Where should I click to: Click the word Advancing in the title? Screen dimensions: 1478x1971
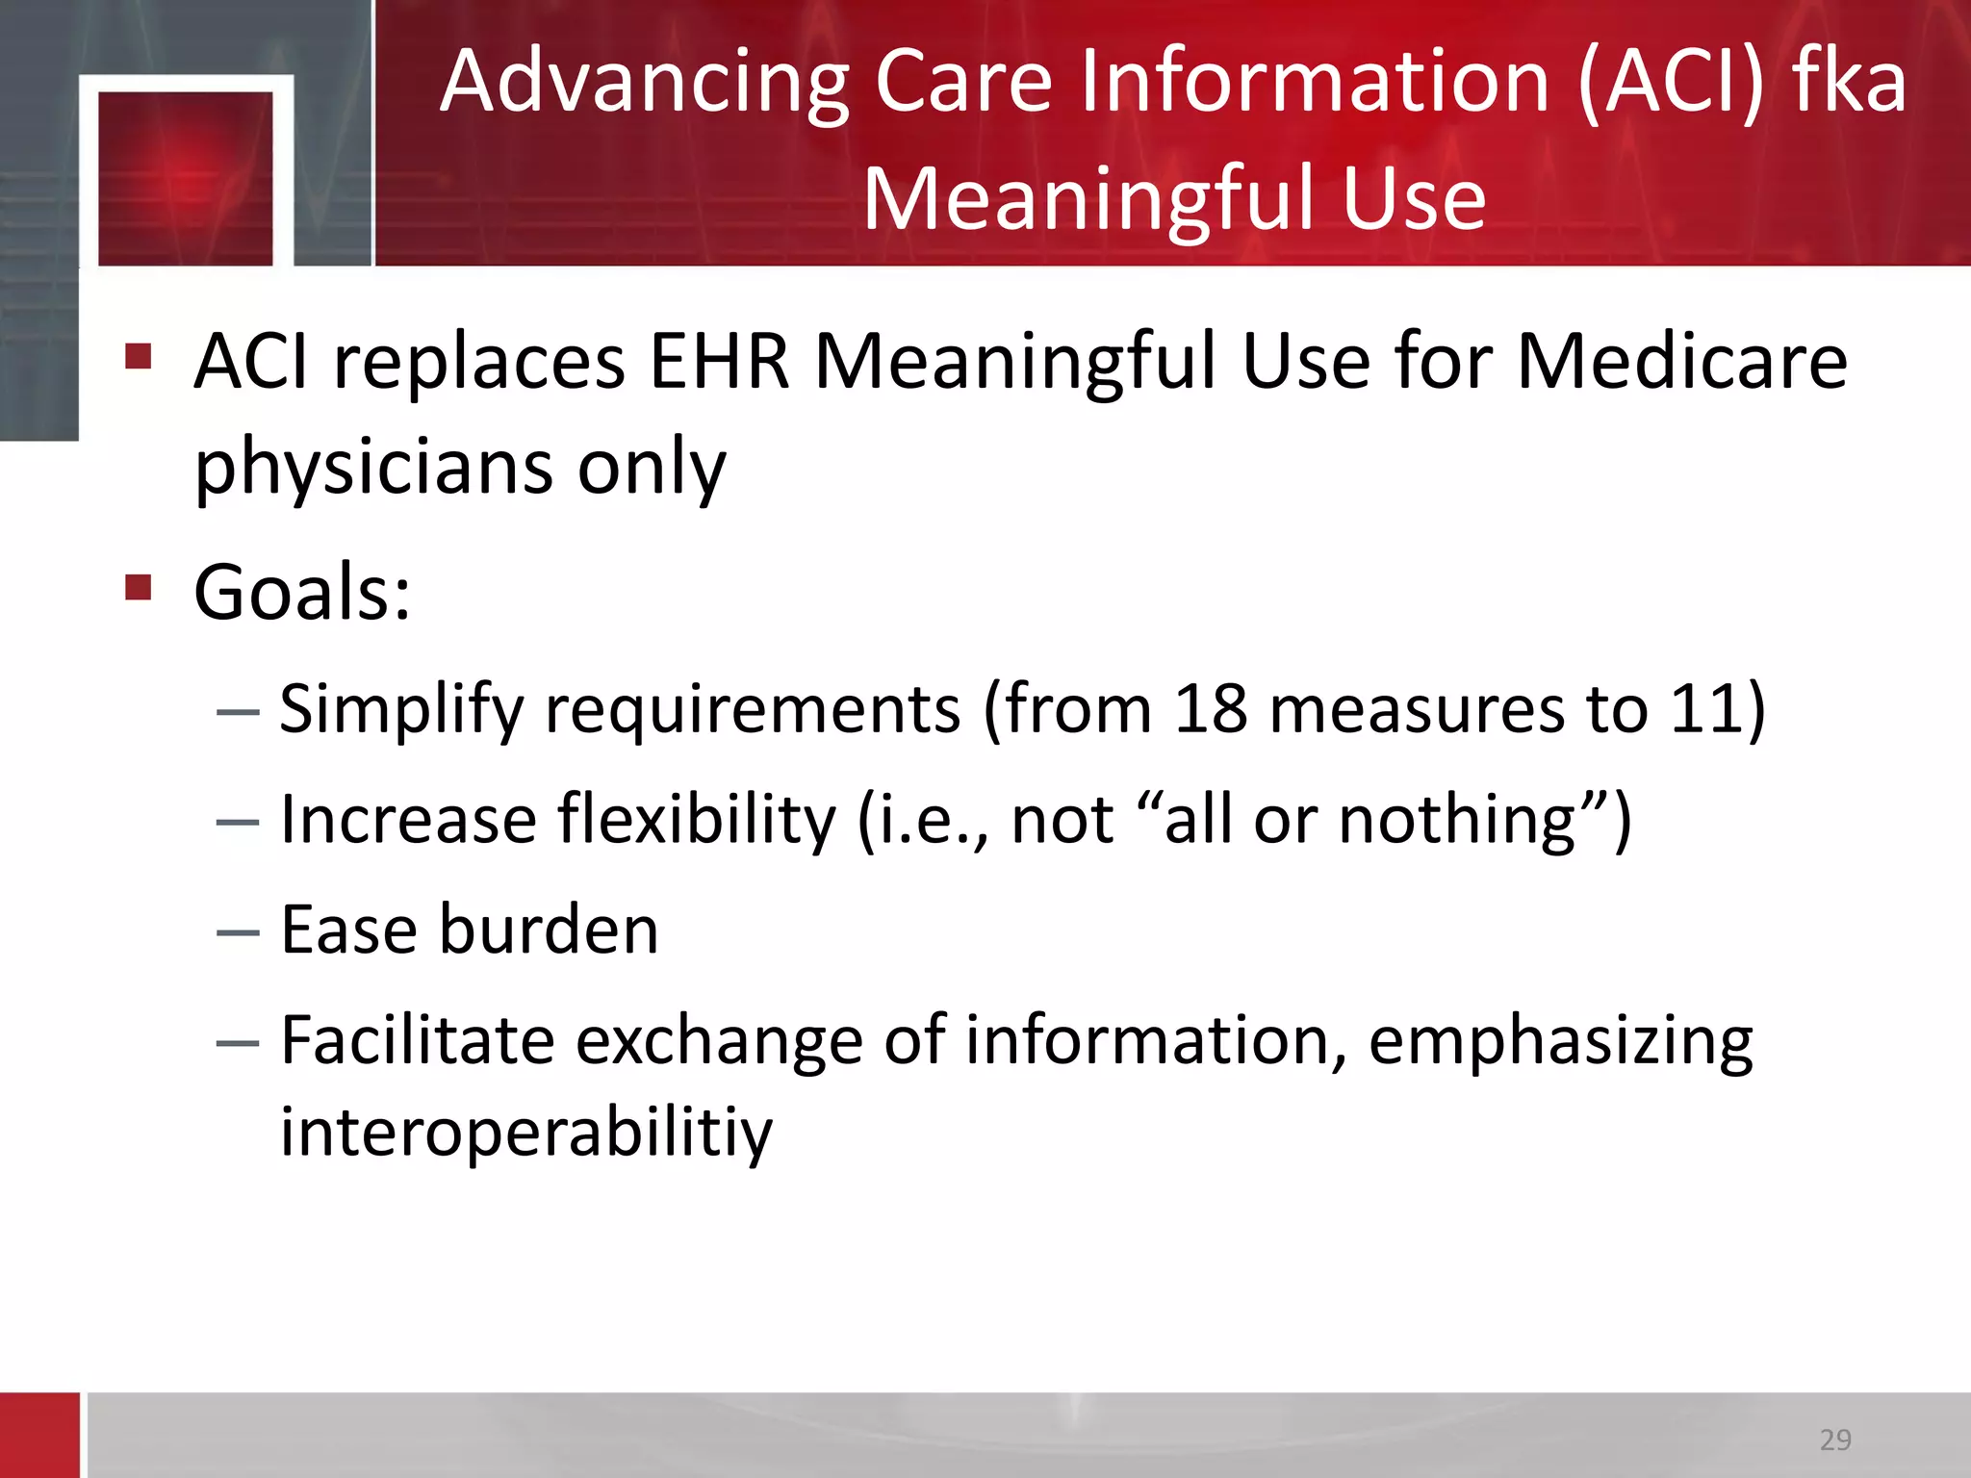tap(644, 85)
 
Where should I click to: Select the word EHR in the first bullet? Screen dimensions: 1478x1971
tap(719, 362)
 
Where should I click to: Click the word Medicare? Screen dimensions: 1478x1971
tap(1681, 362)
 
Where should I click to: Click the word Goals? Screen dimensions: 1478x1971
tap(302, 592)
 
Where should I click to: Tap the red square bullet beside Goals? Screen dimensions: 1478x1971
tap(139, 586)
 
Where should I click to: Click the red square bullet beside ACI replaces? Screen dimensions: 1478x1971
tap(139, 356)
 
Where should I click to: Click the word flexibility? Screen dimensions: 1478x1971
tap(698, 820)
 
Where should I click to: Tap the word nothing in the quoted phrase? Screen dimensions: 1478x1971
tap(1457, 820)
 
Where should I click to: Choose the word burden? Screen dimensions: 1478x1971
tap(549, 930)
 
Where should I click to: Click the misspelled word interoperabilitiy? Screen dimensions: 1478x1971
tap(526, 1132)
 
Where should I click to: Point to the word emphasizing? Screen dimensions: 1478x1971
tap(1560, 1042)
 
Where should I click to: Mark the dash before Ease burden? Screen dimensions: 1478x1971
tap(238, 932)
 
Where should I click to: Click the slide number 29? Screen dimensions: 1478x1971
tap(1835, 1440)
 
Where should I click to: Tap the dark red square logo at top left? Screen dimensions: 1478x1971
tap(186, 178)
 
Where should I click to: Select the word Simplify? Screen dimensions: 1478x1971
tap(401, 710)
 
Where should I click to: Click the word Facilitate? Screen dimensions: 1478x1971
tap(417, 1041)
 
